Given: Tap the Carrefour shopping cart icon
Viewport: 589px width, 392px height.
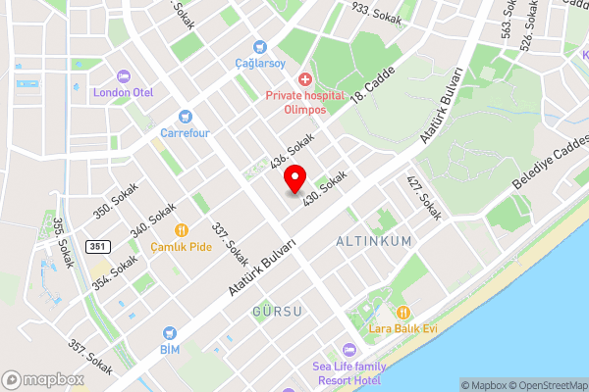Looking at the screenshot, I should click(185, 115).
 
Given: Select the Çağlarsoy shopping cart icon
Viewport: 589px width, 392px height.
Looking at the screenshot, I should click(259, 46).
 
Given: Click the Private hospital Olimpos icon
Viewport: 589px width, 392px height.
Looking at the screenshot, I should click(305, 78).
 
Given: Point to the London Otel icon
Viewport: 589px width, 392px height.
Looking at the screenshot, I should click(124, 76).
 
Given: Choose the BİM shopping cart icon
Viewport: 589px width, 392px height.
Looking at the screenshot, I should click(170, 334).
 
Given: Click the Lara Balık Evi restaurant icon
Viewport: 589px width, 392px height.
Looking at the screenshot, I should click(402, 313).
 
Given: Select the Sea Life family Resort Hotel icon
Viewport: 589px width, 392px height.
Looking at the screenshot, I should click(348, 350).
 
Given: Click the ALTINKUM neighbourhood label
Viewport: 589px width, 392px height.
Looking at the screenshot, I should click(373, 240).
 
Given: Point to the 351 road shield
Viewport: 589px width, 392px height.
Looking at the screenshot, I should click(96, 245).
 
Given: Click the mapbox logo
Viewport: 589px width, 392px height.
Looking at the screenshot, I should click(42, 379).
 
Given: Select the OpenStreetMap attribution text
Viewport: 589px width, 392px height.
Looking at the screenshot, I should click(549, 384).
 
